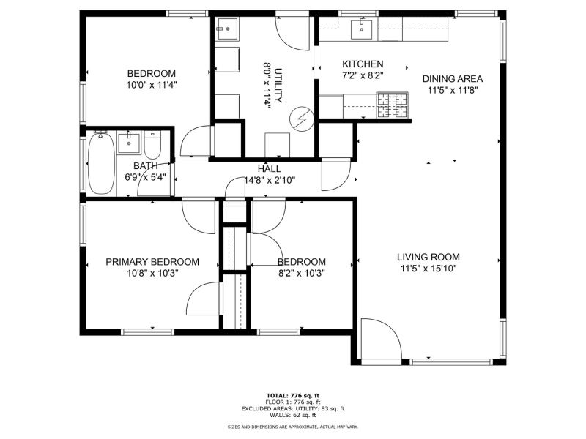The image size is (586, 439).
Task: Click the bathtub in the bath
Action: [x=101, y=162]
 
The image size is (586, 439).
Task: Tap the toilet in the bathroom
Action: [x=152, y=145]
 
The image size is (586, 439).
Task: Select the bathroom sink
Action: [x=129, y=143]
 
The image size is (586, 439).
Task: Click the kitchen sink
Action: [x=361, y=29]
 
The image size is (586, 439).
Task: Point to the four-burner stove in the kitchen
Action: [x=392, y=105]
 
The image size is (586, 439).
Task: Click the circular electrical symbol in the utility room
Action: [x=302, y=119]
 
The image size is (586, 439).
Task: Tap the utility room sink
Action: [x=227, y=29]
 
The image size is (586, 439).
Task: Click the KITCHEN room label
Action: [x=363, y=64]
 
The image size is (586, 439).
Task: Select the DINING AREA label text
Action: [x=452, y=79]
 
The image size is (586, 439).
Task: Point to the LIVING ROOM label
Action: [x=429, y=257]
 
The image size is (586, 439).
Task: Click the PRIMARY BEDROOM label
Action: [x=152, y=262]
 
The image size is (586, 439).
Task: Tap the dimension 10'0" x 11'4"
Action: [x=152, y=85]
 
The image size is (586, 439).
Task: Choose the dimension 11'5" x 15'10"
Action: [x=429, y=269]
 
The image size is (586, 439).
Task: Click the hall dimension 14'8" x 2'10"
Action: [x=270, y=181]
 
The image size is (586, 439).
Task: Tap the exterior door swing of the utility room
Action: [x=292, y=33]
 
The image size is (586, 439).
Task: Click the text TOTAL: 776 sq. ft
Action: [x=293, y=396]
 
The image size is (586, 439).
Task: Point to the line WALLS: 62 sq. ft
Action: [x=293, y=415]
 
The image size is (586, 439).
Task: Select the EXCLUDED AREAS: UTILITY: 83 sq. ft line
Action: [x=293, y=408]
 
